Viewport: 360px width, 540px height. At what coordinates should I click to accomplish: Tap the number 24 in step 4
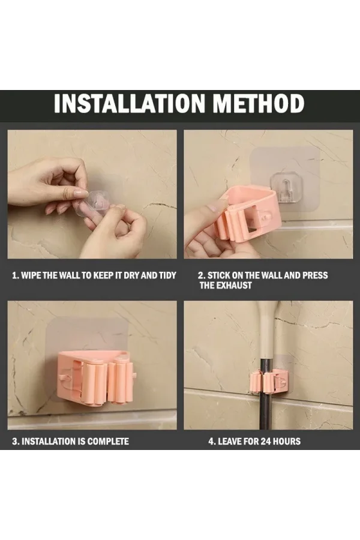(266, 442)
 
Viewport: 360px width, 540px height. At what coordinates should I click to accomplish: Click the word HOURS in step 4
(287, 442)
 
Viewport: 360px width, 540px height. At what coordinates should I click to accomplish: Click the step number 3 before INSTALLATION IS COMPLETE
(15, 442)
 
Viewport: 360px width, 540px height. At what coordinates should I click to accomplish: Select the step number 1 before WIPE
(15, 275)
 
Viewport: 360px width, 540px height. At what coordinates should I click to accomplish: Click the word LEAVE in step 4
(230, 442)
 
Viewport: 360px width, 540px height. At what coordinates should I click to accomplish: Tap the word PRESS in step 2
(315, 275)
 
